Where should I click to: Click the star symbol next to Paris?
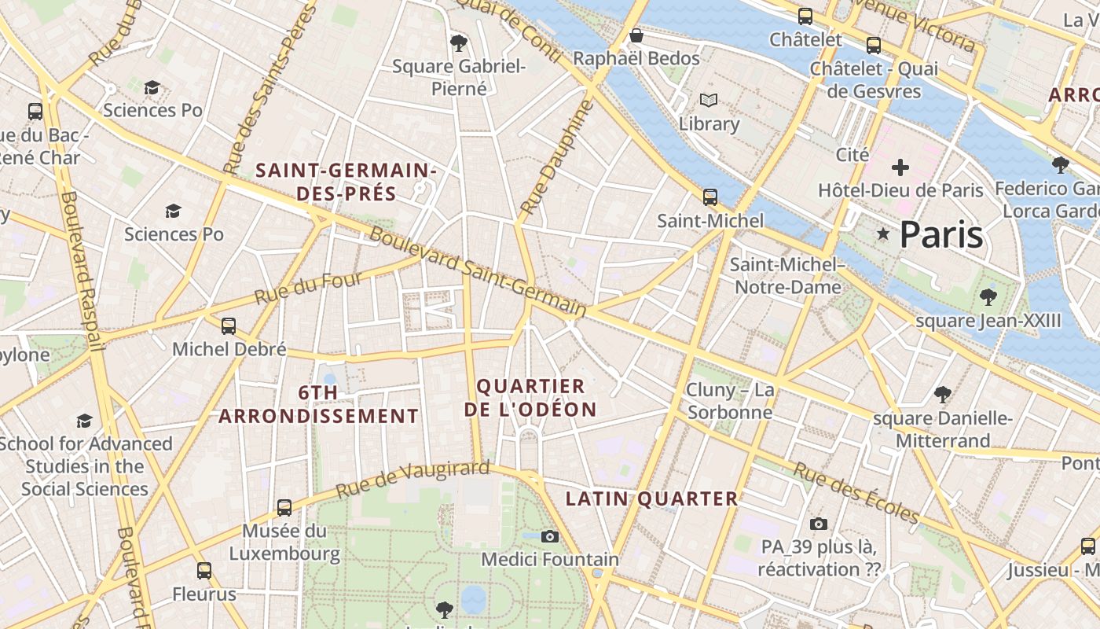(883, 234)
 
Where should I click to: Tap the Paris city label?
(941, 234)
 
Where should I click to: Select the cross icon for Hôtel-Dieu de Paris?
(900, 167)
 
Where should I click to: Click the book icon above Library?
(709, 101)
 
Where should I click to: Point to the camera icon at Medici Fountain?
(550, 536)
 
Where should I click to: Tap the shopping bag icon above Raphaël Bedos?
(636, 36)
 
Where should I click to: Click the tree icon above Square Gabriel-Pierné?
(459, 43)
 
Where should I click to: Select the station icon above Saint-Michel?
(710, 197)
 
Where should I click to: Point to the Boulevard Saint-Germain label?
(478, 271)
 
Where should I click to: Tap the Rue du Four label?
(308, 289)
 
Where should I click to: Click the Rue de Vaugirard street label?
(412, 480)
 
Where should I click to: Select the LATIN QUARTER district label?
(652, 498)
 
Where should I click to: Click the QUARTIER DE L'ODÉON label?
(530, 398)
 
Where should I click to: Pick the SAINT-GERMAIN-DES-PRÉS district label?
(346, 182)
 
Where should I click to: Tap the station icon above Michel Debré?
(229, 326)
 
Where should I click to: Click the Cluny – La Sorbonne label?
(730, 401)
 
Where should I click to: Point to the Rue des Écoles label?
(855, 492)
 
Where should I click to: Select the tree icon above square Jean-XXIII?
(988, 297)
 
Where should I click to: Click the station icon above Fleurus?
(204, 571)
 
